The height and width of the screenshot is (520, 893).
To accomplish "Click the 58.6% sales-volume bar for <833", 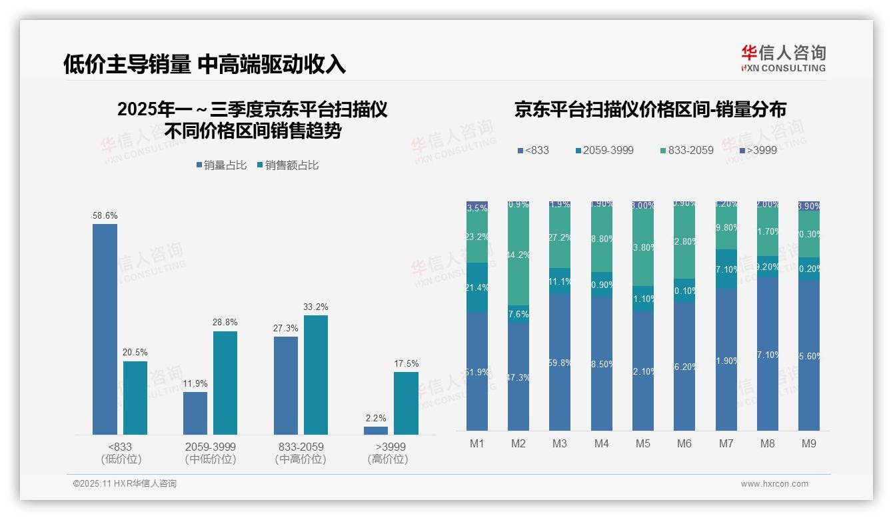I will click(105, 329).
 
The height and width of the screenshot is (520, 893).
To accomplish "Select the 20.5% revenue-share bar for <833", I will click(135, 398).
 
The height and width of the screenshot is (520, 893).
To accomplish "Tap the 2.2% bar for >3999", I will click(376, 431).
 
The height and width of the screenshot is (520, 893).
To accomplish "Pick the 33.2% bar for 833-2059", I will click(316, 375).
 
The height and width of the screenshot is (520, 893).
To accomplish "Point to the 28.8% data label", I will click(225, 323).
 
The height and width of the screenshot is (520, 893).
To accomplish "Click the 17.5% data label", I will click(407, 364).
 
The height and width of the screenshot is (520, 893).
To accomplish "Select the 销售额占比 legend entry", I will click(287, 165).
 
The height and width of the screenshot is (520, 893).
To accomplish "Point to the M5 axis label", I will click(642, 443).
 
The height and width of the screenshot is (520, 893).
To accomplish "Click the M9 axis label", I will click(808, 443).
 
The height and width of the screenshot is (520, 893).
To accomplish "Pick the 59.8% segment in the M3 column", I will click(560, 362).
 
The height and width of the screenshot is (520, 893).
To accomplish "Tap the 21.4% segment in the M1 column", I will click(477, 287).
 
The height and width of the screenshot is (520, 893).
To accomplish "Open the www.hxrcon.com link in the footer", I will click(774, 484).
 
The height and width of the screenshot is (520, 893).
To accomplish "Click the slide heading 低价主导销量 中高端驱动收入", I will click(205, 64).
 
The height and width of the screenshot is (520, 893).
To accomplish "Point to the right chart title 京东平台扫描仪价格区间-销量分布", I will click(650, 110).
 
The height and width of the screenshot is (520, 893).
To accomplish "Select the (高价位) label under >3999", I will click(388, 459).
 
